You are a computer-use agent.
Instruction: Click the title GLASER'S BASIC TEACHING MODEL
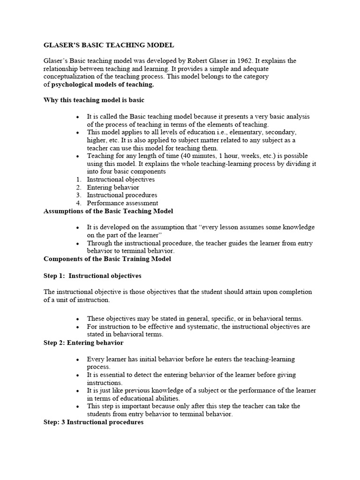pos(109,45)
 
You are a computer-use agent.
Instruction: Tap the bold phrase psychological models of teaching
pos(102,85)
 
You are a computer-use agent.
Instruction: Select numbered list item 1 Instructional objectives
pos(120,179)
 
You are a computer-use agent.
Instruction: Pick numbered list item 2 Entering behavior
pos(113,187)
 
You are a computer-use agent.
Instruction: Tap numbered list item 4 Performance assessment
pos(122,203)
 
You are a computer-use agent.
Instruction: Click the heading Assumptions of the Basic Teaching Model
pos(108,211)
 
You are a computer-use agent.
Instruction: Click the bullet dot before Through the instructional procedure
pos(78,243)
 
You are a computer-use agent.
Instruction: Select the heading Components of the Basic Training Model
pos(107,259)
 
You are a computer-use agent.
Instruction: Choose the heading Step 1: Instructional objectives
pos(92,276)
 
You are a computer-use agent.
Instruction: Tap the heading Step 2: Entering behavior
pos(83,343)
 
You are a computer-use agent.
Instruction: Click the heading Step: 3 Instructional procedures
pos(93,422)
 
